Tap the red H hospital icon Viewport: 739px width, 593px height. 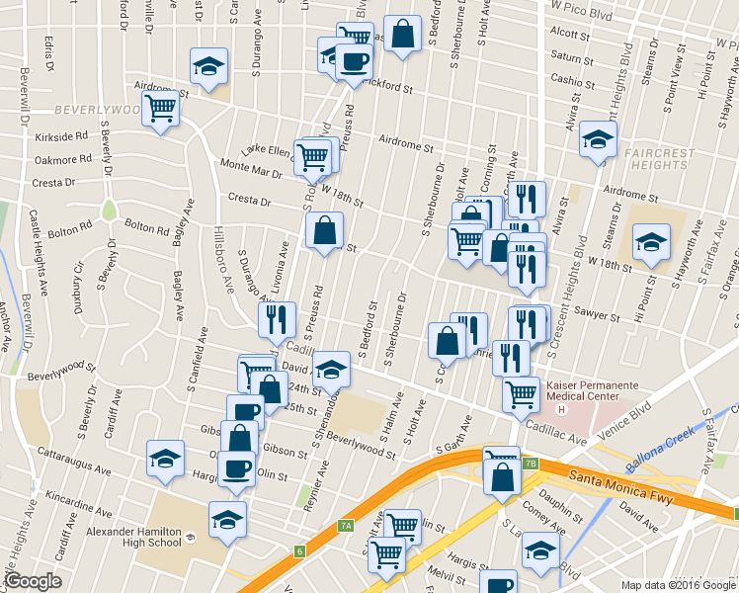(x=562, y=409)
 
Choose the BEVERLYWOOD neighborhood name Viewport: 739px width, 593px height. (x=97, y=108)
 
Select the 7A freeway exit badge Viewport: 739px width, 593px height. (x=345, y=527)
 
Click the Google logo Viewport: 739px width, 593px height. (x=34, y=582)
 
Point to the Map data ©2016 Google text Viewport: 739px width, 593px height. (x=678, y=585)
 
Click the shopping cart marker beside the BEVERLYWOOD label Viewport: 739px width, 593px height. (x=160, y=108)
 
